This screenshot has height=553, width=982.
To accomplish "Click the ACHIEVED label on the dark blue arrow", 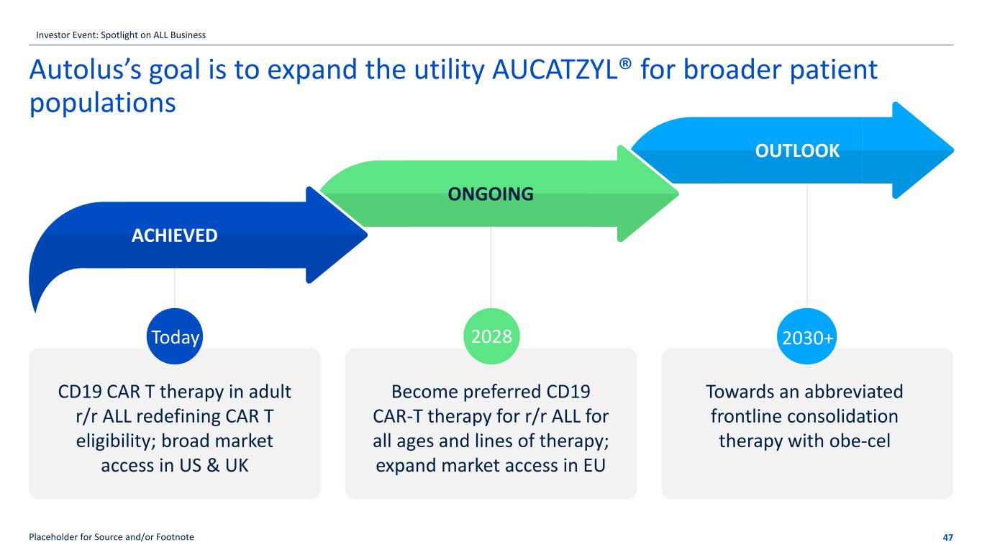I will click(175, 235).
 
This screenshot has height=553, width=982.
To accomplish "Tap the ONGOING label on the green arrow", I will click(491, 194).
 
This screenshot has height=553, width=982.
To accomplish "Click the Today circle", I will click(175, 337).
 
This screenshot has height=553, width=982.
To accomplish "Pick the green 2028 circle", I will click(491, 336).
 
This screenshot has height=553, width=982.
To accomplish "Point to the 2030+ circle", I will click(806, 337).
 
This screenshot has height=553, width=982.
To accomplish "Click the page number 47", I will click(947, 537).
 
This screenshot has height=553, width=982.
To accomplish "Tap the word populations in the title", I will click(102, 102).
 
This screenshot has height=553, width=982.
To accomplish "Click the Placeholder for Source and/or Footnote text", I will click(111, 537).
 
